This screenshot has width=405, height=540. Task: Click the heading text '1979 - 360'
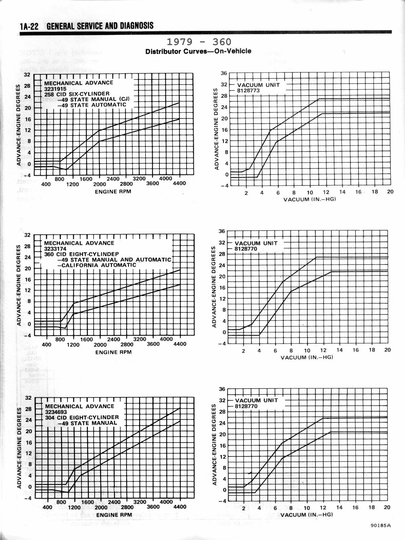[x=199, y=42]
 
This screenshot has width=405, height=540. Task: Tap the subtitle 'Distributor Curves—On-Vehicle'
[x=198, y=51]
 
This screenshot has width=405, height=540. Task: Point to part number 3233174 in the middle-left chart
[x=55, y=249]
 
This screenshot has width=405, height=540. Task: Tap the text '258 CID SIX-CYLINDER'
[x=77, y=94]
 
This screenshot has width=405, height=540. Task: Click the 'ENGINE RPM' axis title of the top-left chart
[x=113, y=192]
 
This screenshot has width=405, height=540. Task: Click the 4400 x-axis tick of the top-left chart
[x=179, y=184]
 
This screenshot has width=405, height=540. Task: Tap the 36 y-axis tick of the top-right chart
[x=223, y=73]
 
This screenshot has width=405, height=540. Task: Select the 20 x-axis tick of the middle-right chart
[x=387, y=350]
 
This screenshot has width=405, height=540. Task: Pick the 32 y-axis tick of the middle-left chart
[x=27, y=235]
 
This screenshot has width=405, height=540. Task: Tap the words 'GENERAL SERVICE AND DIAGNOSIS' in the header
[x=100, y=26]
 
